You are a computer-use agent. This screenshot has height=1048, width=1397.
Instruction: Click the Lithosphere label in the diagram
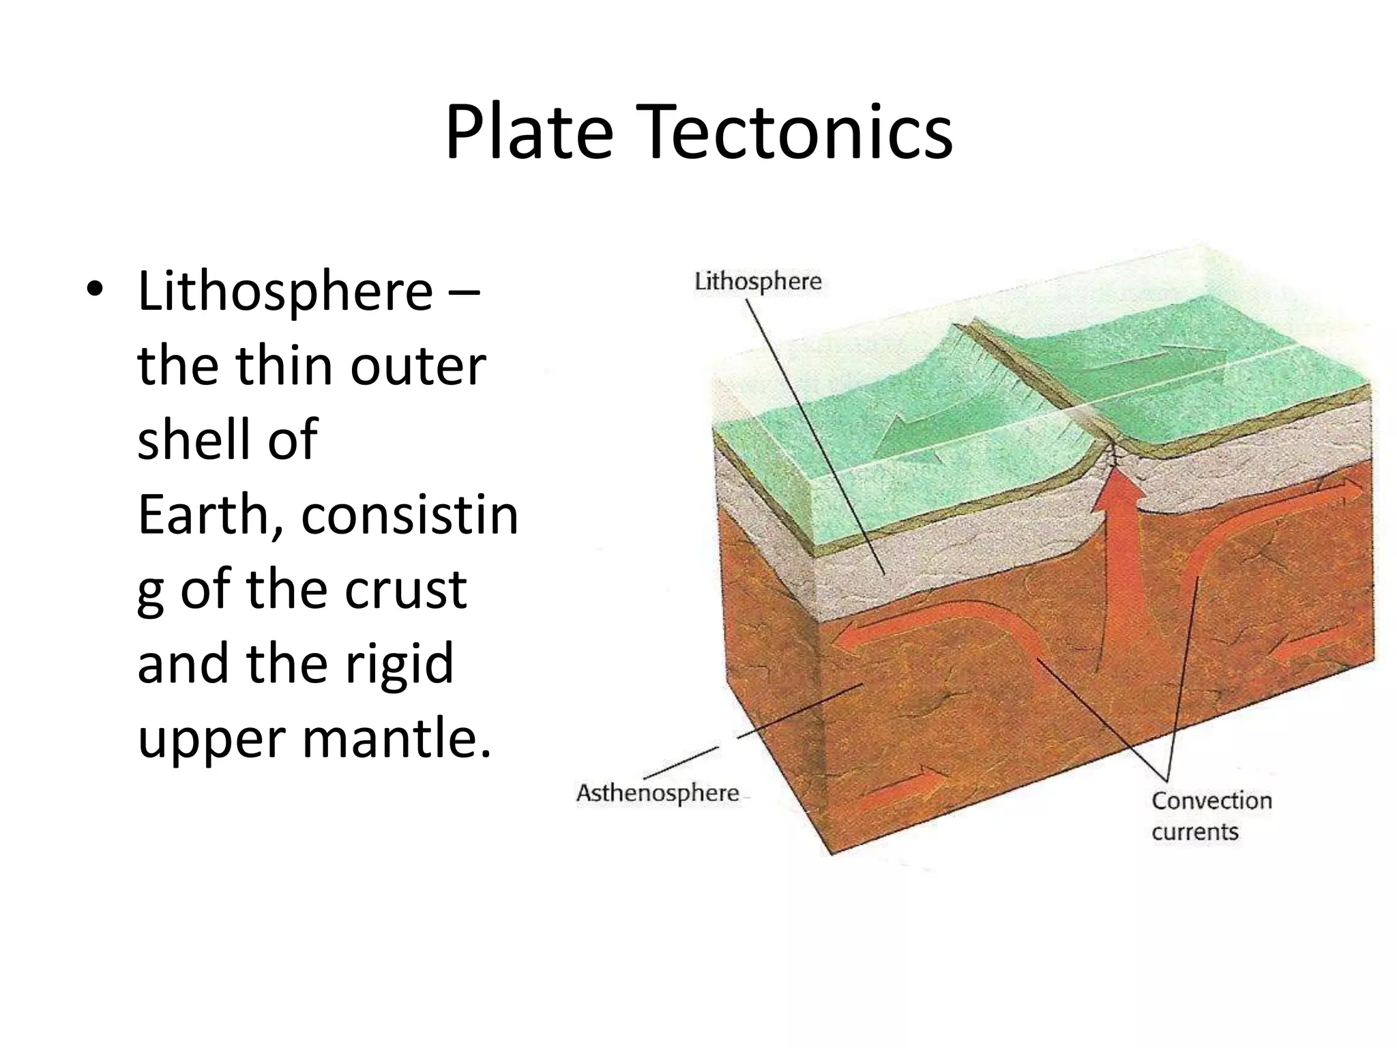coord(758,281)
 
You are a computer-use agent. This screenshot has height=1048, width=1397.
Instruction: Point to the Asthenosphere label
coord(658,793)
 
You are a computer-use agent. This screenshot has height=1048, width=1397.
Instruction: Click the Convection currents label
coord(1211,816)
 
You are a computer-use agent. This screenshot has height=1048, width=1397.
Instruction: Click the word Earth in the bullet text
coord(203,515)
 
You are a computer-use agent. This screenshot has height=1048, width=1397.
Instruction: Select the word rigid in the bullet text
coord(398,663)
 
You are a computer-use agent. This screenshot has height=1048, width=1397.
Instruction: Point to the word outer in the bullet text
coord(417,366)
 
